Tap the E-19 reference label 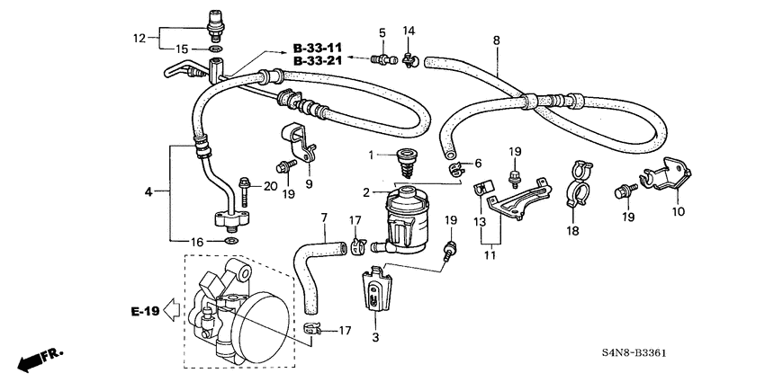tap(144, 311)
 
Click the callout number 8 tap(496, 40)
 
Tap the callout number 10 tap(677, 211)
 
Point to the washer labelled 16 tap(230, 241)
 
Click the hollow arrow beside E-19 tap(171, 312)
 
